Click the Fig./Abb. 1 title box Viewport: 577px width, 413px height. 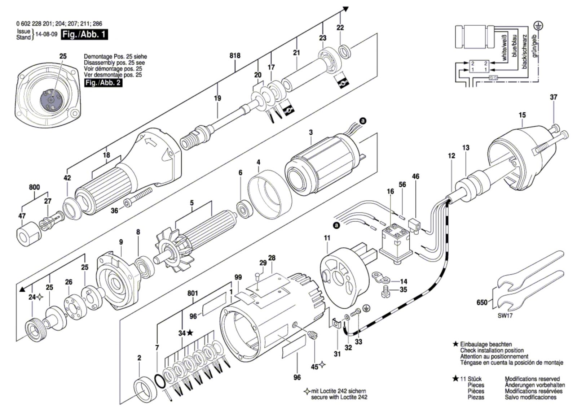[84, 35]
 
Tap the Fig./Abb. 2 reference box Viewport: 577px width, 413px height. [103, 83]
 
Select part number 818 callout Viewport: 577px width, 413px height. [235, 56]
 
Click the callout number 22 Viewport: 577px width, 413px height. [340, 27]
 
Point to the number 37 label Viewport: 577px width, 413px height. [554, 97]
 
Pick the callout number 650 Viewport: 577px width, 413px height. [482, 303]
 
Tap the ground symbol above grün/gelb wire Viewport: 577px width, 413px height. [539, 26]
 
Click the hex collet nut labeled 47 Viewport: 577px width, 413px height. [28, 233]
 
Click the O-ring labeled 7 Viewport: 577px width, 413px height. [160, 381]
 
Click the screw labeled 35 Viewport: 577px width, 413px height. [385, 292]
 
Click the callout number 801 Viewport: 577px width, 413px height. [193, 293]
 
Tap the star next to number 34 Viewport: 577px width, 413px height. [190, 333]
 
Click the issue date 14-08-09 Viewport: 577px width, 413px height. [47, 35]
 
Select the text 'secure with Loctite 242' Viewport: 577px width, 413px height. [339, 397]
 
